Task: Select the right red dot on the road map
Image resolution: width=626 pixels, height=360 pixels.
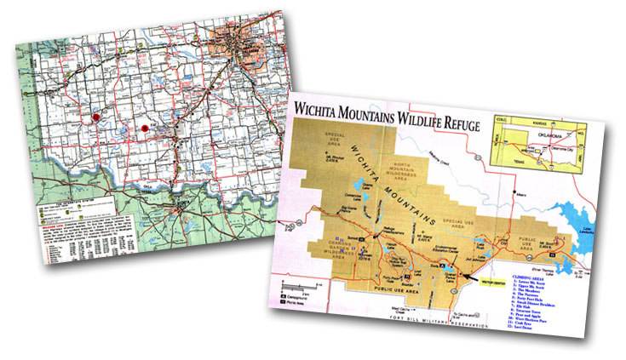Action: click(146, 129)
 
